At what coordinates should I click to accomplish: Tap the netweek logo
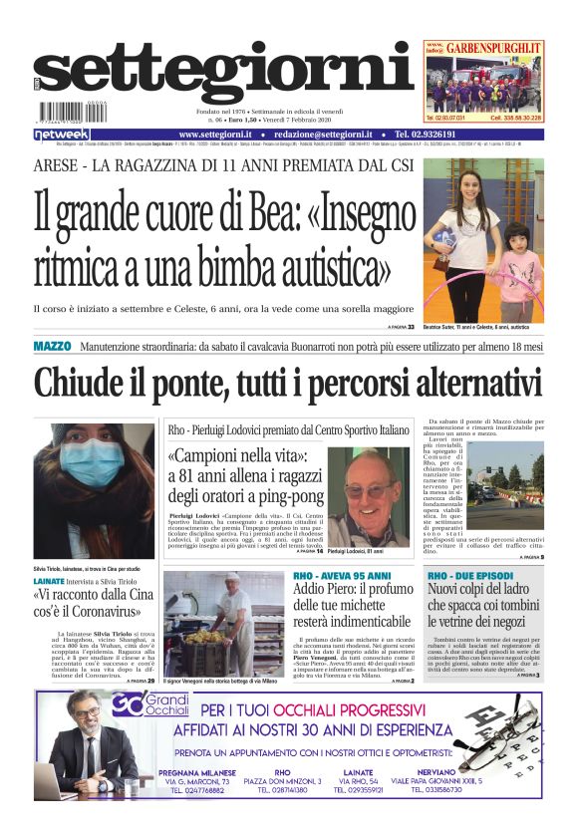point(62,134)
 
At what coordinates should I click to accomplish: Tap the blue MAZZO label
point(52,346)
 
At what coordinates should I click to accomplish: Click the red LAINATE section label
point(50,579)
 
